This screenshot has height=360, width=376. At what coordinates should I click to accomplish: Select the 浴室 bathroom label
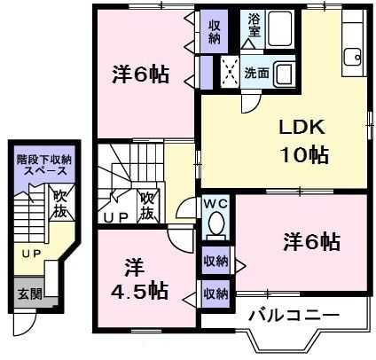pyautogui.click(x=255, y=25)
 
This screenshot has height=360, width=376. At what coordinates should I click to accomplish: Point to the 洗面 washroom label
pyautogui.click(x=256, y=73)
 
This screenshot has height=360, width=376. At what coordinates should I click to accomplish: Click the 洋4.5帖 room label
pyautogui.click(x=133, y=278)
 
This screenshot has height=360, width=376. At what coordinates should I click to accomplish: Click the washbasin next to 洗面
pyautogui.click(x=286, y=72)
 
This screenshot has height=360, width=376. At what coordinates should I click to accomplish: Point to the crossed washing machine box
pyautogui.click(x=231, y=69)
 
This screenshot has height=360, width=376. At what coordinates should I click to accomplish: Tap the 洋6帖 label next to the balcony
pyautogui.click(x=312, y=240)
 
